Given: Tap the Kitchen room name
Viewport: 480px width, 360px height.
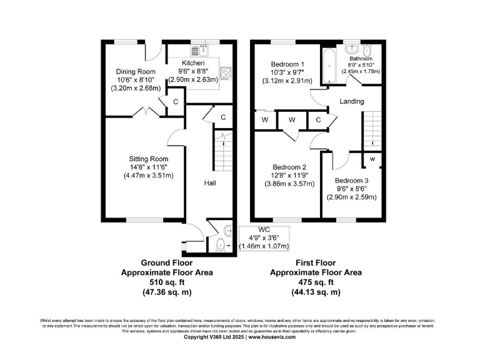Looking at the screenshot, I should click(193, 64).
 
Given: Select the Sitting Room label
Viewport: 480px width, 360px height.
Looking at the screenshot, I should click(149, 159).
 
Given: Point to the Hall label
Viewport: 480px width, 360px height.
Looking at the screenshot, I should click(210, 183).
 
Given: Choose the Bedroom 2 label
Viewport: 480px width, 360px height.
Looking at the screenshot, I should click(289, 167).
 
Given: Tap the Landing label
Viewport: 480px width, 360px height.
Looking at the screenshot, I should click(352, 101).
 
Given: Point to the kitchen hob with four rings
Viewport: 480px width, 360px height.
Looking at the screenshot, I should click(225, 74).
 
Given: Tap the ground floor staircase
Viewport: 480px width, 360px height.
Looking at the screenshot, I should click(221, 151).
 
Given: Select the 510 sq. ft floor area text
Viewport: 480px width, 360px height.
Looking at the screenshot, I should click(166, 282).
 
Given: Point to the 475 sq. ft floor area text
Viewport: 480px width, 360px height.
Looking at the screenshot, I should click(316, 282).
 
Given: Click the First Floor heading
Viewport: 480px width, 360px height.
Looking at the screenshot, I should click(316, 263).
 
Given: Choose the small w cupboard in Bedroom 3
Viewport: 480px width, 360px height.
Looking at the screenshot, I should click(372, 159).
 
